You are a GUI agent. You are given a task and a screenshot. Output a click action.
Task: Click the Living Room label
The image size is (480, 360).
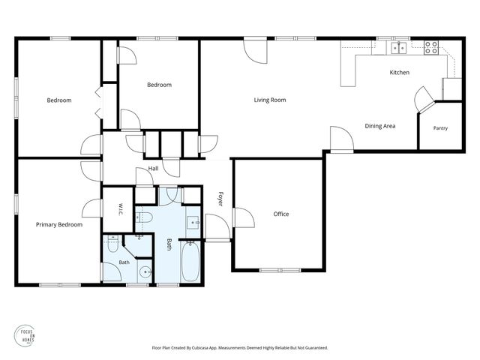(270, 100)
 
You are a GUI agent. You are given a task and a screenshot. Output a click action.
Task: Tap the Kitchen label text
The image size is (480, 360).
(399, 73)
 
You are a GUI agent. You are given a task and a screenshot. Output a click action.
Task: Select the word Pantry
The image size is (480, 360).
(440, 128)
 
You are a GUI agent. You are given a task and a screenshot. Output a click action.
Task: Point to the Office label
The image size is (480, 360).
(281, 214)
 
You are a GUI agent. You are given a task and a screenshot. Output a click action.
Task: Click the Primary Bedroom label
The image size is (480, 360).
(59, 225)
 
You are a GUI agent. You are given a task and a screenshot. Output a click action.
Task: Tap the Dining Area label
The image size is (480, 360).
(380, 126)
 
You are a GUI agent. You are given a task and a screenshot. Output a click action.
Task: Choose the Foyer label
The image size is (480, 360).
(220, 199)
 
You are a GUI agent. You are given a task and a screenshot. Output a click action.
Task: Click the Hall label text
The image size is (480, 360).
(153, 168)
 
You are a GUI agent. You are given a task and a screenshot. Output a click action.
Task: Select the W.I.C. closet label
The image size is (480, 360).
(120, 209)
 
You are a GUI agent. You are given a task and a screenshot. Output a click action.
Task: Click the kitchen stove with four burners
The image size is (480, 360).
(431, 48)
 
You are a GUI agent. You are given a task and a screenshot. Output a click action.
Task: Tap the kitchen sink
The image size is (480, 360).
(398, 48)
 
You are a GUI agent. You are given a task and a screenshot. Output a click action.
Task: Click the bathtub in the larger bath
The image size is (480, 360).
(190, 262)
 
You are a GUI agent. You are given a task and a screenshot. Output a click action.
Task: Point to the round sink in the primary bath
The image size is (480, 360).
(145, 271)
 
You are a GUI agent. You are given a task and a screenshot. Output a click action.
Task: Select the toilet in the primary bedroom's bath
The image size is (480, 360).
(113, 244)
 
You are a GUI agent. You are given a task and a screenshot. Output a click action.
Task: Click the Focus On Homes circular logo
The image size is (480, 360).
(25, 336)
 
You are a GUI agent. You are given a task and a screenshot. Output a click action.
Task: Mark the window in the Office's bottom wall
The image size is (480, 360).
(280, 270)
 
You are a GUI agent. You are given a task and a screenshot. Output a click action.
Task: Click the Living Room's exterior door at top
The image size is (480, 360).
(255, 50)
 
